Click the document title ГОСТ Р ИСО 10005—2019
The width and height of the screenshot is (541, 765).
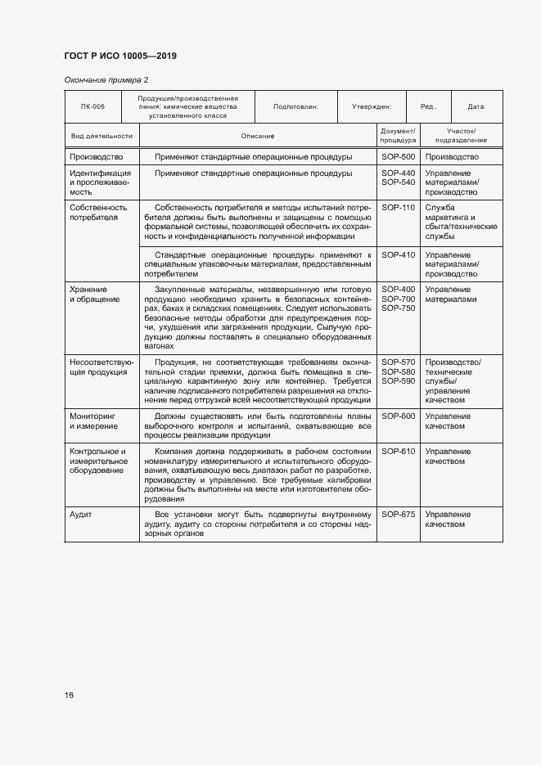[120, 56]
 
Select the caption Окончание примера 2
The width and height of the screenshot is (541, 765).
[106, 79]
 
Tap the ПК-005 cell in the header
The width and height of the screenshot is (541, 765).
[92, 106]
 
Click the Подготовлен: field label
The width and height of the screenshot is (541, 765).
[295, 106]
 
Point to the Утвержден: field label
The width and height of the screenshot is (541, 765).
[372, 106]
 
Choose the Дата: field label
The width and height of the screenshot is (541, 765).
[476, 106]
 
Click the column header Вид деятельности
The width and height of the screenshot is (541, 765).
[101, 135]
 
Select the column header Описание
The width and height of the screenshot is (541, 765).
[257, 135]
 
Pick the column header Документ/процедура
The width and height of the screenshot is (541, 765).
[398, 135]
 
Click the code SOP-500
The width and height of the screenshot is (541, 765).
[398, 156]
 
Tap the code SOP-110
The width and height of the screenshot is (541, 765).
[398, 208]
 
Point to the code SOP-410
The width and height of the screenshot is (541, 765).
[398, 254]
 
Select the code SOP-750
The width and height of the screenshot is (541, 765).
[398, 308]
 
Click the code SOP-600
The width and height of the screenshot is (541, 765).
[398, 416]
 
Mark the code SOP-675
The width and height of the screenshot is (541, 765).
[398, 514]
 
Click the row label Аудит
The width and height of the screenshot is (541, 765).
[81, 514]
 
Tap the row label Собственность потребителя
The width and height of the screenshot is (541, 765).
[98, 213]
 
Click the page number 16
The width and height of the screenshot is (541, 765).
[69, 695]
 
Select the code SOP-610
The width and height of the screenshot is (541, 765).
[398, 452]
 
